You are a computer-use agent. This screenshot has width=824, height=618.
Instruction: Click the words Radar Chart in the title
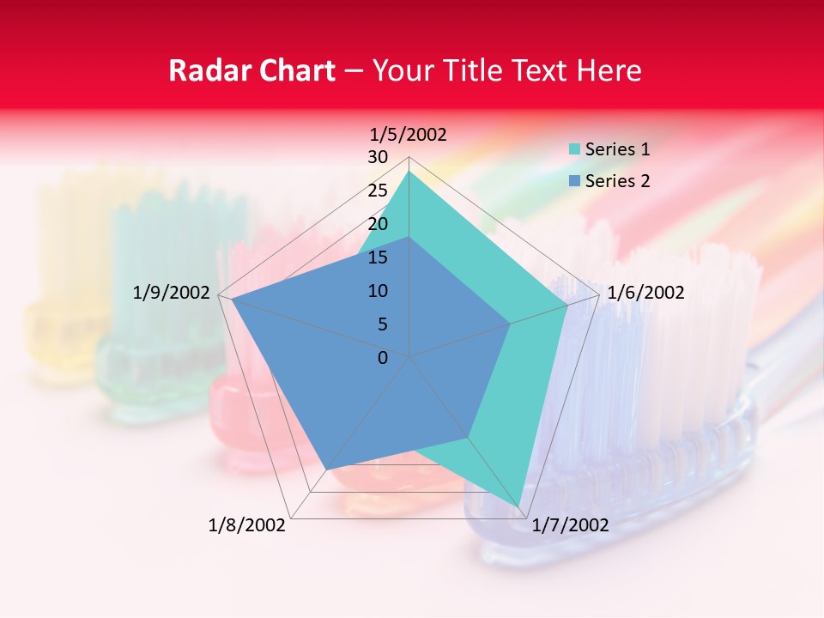(x=251, y=70)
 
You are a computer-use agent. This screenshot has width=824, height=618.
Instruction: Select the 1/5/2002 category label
(x=409, y=135)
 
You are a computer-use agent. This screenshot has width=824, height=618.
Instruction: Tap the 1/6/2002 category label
(x=645, y=293)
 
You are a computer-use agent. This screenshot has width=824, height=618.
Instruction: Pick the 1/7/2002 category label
(x=570, y=525)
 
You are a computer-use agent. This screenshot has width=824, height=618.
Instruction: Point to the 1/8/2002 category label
(x=247, y=525)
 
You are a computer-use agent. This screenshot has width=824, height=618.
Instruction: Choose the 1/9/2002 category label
(x=172, y=293)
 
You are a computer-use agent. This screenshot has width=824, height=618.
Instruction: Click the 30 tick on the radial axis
(x=378, y=157)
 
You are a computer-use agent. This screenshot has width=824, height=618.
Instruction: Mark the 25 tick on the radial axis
(x=378, y=191)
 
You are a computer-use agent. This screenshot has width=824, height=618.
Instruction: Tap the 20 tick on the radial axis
(x=378, y=224)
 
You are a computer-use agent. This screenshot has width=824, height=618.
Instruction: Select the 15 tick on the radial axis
(x=378, y=257)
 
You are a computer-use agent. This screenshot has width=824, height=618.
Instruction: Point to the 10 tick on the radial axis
(x=378, y=291)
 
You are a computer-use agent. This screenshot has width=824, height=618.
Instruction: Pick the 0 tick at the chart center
(x=383, y=358)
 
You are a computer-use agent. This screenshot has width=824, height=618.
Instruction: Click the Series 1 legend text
(x=617, y=149)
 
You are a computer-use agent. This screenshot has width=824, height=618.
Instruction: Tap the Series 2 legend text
(x=617, y=181)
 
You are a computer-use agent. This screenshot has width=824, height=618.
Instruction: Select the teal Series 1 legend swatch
(x=575, y=149)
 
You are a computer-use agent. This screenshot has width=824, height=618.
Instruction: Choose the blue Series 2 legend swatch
(x=575, y=181)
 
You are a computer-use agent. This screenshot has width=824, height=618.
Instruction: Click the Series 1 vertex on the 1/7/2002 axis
(x=518, y=507)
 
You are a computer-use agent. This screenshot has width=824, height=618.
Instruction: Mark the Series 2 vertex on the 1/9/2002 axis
(x=232, y=299)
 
